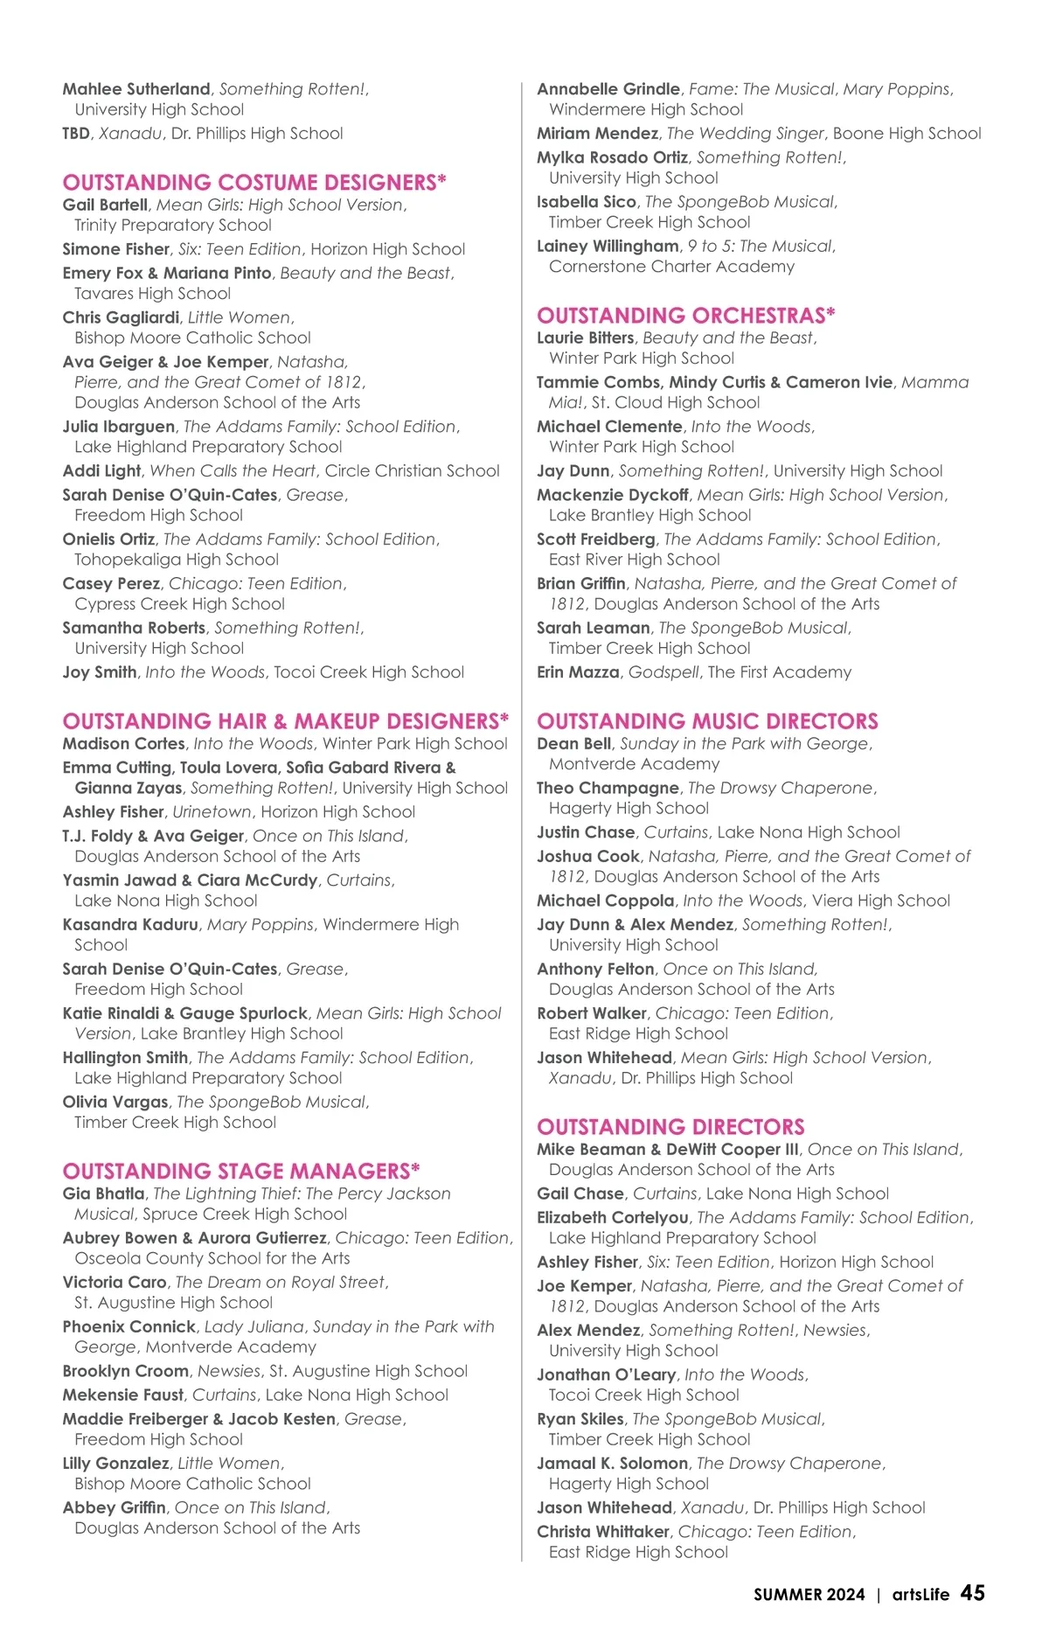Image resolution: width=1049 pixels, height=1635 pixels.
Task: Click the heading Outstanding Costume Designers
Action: [x=254, y=183]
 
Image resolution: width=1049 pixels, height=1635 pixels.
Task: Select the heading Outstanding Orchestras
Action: [x=686, y=316]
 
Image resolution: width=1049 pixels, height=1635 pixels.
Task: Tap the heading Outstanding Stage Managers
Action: [x=241, y=1171]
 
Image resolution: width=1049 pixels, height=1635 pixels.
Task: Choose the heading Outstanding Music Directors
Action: [x=707, y=721]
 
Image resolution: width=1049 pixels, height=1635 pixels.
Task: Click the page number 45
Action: [x=972, y=1593]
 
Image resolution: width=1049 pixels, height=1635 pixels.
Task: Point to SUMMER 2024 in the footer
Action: [x=809, y=1595]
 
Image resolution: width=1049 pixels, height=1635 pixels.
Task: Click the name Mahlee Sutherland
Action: [x=136, y=89]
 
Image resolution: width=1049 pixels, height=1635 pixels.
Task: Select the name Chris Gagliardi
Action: [x=121, y=317]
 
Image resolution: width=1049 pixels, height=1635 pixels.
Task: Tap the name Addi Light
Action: [x=101, y=471]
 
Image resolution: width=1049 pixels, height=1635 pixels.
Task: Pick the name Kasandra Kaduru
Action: [x=130, y=924]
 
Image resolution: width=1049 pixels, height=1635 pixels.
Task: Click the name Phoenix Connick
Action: [x=129, y=1326]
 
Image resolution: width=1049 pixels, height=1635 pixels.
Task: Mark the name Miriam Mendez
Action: [x=597, y=134]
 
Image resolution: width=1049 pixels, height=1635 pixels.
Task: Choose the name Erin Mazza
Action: [x=578, y=672]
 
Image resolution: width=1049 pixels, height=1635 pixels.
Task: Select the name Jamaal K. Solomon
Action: [x=612, y=1463]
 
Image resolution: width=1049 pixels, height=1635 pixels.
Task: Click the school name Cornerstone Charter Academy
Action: [x=671, y=267]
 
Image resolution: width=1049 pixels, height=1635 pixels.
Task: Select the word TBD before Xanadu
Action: [x=76, y=134]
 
